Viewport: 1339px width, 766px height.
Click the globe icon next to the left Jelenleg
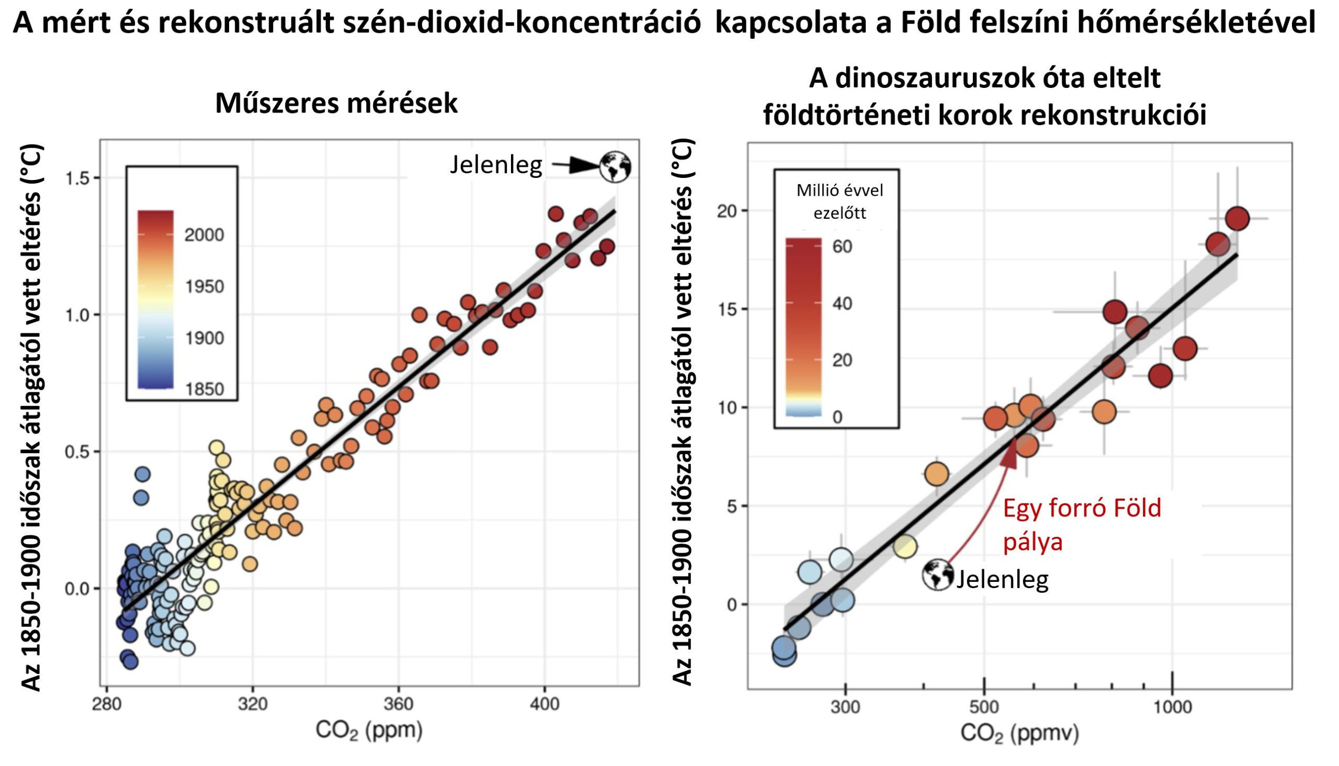pyautogui.click(x=615, y=167)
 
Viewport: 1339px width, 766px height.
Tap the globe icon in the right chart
pyautogui.click(x=938, y=574)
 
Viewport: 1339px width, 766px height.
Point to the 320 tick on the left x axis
pyautogui.click(x=253, y=704)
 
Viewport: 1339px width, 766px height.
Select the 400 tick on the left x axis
pyautogui.click(x=544, y=704)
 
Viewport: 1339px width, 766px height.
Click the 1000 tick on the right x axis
pyautogui.click(x=1172, y=706)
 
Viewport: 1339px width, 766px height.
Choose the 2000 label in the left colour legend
pyautogui.click(x=204, y=235)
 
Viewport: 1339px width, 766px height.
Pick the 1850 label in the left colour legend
pyautogui.click(x=204, y=389)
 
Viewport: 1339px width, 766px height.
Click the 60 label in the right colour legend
pyautogui.click(x=842, y=246)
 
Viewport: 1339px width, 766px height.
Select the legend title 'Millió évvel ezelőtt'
pyautogui.click(x=839, y=201)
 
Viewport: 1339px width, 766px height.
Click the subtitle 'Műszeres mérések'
pyautogui.click(x=336, y=103)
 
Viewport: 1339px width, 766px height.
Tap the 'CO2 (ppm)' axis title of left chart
pyautogui.click(x=369, y=731)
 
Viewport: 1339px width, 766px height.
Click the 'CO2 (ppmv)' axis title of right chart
pyautogui.click(x=1019, y=733)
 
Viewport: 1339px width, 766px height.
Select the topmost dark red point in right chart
pyautogui.click(x=1237, y=219)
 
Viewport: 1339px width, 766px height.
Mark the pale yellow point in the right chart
pyautogui.click(x=904, y=547)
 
